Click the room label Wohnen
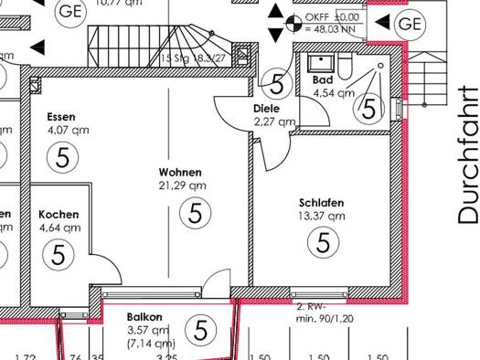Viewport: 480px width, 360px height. [179, 172]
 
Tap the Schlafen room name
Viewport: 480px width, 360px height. [321, 203]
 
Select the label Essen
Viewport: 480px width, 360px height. [61, 117]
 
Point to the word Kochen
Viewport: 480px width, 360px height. [59, 215]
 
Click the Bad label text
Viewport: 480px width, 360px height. [322, 80]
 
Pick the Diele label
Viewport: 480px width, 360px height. [267, 109]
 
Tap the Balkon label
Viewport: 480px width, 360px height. [144, 317]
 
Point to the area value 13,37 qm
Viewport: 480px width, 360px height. [322, 217]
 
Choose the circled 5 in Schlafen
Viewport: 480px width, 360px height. [322, 243]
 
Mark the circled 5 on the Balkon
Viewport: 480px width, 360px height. [199, 329]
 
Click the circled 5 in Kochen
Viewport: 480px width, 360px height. [59, 253]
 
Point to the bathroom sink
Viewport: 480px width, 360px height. [321, 62]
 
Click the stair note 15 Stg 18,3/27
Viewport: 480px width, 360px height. [193, 58]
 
